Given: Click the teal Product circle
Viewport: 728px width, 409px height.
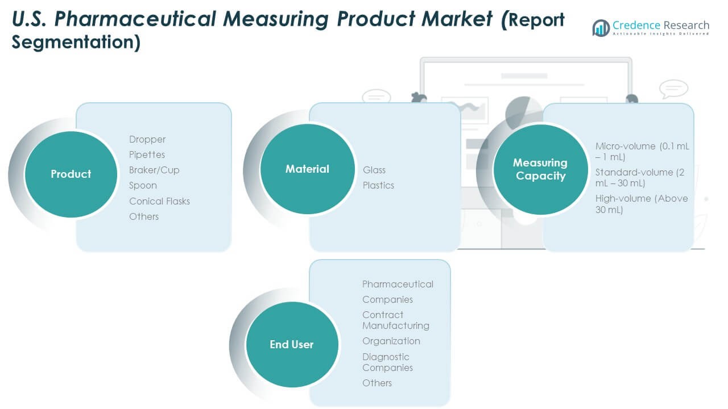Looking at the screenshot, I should (x=71, y=174).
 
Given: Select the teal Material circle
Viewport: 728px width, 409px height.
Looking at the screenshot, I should (x=307, y=169).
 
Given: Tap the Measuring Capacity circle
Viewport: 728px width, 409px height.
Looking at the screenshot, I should (x=540, y=169).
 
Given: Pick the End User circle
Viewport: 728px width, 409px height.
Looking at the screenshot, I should (x=291, y=344).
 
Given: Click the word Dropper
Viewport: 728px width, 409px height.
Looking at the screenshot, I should (x=147, y=139).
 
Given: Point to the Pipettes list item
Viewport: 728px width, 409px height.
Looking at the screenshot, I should (x=147, y=155).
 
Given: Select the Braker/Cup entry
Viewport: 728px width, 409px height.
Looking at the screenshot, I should (x=154, y=170).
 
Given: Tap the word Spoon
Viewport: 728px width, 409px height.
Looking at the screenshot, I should (x=143, y=185).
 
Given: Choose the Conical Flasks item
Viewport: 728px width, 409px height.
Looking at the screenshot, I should (x=159, y=201).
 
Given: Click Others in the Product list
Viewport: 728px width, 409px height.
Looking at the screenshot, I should (x=144, y=216).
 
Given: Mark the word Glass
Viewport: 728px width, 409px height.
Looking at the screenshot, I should (x=374, y=170).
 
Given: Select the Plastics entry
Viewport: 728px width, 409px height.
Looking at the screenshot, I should (x=378, y=185).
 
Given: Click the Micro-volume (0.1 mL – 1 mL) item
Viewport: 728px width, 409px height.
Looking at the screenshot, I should (x=642, y=151).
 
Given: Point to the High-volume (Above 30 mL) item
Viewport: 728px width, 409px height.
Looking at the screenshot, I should (x=642, y=204).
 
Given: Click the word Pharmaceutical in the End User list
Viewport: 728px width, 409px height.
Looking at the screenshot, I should (x=398, y=284).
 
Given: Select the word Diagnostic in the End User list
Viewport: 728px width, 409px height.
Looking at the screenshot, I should (x=386, y=357).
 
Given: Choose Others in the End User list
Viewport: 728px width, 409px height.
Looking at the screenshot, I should (x=377, y=383).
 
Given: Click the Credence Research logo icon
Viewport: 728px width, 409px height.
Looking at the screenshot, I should (x=601, y=28).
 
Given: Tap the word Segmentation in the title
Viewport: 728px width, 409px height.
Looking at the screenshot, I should (x=76, y=43).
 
